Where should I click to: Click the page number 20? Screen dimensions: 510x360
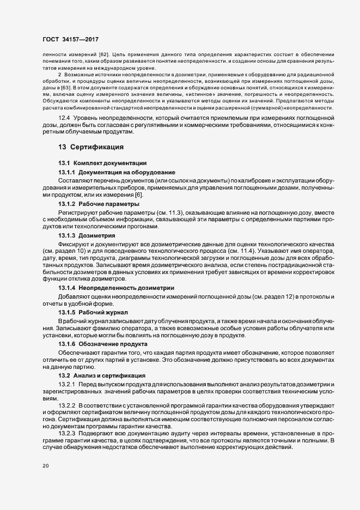pyautogui.click(x=46, y=466)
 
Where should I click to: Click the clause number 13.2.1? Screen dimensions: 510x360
pyautogui.click(x=67, y=386)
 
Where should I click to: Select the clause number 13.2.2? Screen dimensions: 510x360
pyautogui.click(x=67, y=406)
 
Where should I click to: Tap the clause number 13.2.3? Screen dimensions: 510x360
pyautogui.click(x=67, y=433)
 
